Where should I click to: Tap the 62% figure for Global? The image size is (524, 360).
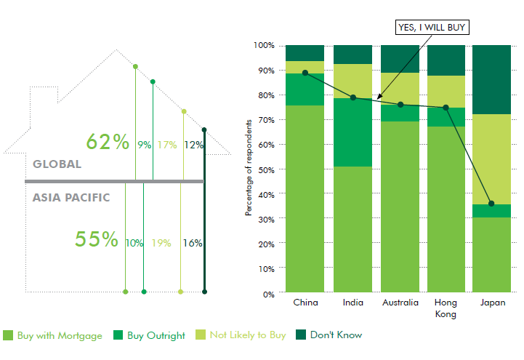pos(107,142)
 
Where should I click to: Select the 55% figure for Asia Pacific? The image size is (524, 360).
pos(97,239)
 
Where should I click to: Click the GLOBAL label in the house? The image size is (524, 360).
pos(57,164)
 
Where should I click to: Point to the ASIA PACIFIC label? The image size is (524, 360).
pos(71,197)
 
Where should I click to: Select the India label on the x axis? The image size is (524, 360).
pos(352,303)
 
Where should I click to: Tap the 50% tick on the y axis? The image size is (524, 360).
pos(265,169)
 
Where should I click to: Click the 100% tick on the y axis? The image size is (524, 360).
pos(263,45)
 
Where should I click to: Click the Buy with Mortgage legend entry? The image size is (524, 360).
pos(52,335)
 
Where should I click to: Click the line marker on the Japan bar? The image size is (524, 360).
pos(491,204)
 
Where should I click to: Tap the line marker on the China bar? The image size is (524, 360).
pos(305,73)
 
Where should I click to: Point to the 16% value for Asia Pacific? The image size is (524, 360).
pos(193,243)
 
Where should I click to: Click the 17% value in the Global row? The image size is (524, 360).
pos(167,145)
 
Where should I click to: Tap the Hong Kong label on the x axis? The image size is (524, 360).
pos(445,308)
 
